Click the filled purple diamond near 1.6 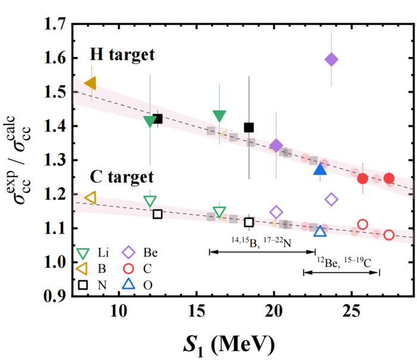(x=332, y=59)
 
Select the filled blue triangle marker (x=320, y=170)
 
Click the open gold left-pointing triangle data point (x=91, y=197)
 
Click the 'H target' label (x=122, y=55)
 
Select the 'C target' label (x=122, y=177)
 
